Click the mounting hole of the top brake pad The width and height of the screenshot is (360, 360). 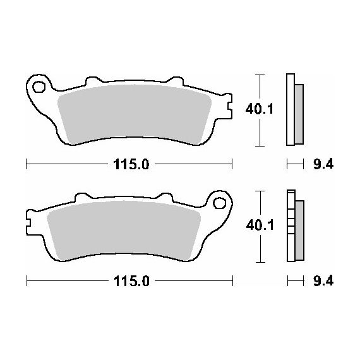pos(39,87)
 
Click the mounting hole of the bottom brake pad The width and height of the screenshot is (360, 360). pos(219,203)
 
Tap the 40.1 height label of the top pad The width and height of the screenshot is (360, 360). pos(260,109)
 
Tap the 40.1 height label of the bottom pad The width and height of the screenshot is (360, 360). pos(260,225)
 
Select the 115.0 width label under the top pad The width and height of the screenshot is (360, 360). pos(131,164)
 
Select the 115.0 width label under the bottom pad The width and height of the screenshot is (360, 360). pos(131,281)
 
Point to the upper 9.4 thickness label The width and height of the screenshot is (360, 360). pos(323,164)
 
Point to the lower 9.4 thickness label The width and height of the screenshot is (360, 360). pos(323,281)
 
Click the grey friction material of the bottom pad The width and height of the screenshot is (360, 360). pos(124,231)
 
